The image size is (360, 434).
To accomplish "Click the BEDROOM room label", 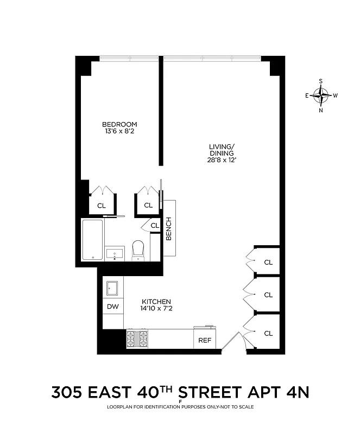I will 119,124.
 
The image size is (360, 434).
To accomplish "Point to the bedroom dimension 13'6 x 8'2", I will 119,131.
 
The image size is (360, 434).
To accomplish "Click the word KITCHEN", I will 156,302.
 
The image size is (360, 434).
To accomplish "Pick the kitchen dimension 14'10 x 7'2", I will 156,309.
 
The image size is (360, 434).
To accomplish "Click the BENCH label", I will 169,228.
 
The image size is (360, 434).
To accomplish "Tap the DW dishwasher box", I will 113,307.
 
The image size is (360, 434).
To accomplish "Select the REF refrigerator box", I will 205,340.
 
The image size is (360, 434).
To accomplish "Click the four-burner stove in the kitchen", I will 137,339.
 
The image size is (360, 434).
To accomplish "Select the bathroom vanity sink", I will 115,253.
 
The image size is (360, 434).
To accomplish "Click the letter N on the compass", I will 321,110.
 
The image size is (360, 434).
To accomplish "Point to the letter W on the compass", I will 336,95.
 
